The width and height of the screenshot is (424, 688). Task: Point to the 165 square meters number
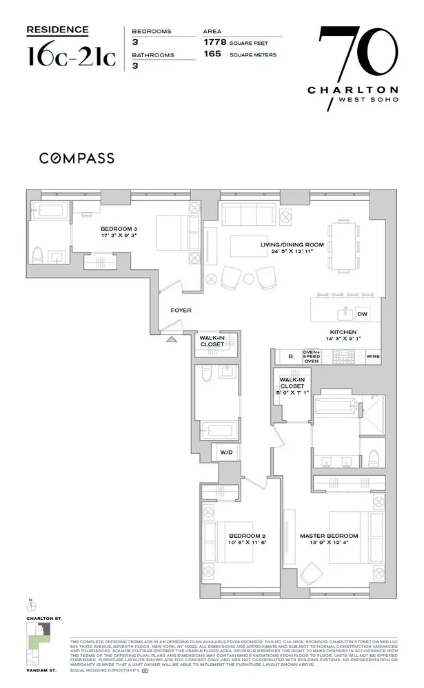click(x=214, y=53)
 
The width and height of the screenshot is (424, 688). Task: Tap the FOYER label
click(x=181, y=311)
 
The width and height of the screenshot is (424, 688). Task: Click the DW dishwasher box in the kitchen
click(x=362, y=314)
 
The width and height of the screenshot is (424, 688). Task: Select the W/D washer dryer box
click(x=226, y=452)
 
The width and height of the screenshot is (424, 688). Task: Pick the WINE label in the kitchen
click(x=372, y=357)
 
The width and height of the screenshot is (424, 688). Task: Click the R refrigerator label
click(x=290, y=357)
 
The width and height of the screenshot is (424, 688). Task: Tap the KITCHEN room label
click(x=341, y=332)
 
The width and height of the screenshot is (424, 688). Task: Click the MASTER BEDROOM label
click(x=328, y=536)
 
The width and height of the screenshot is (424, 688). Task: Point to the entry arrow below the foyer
click(x=171, y=337)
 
